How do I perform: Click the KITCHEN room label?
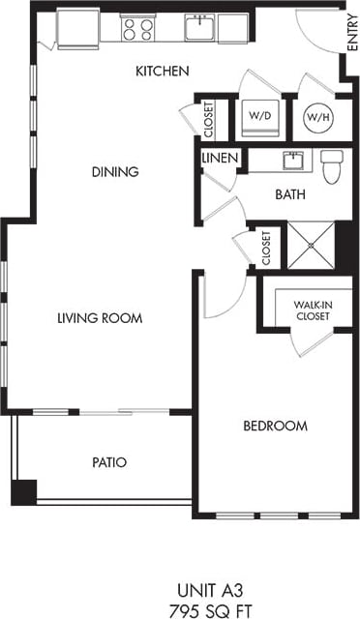pyautogui.click(x=162, y=71)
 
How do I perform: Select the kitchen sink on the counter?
pyautogui.click(x=199, y=28)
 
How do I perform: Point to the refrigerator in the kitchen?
pyautogui.click(x=77, y=27)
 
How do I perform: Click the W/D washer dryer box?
pyautogui.click(x=259, y=116)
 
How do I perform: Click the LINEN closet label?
pyautogui.click(x=217, y=157)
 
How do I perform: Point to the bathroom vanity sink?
pyautogui.click(x=289, y=160)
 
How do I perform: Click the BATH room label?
pyautogui.click(x=289, y=194)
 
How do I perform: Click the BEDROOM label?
pyautogui.click(x=276, y=426)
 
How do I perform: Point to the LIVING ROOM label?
pyautogui.click(x=100, y=318)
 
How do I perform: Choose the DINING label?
pyautogui.click(x=115, y=172)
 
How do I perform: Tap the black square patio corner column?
pyautogui.click(x=23, y=491)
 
